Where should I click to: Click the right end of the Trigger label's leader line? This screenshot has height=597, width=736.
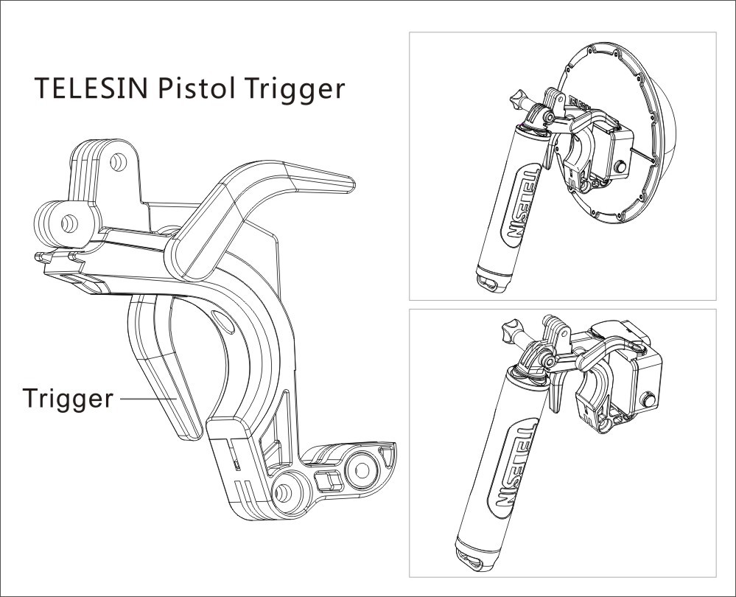click(x=176, y=398)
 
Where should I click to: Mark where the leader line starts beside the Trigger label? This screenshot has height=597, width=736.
click(x=121, y=398)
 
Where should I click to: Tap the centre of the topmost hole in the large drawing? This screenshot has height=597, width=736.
click(x=119, y=163)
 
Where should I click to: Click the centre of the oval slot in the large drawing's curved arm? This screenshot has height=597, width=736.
click(x=222, y=321)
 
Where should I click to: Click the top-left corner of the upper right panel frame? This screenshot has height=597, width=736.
click(x=410, y=32)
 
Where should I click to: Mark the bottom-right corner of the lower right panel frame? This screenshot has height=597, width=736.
click(x=716, y=577)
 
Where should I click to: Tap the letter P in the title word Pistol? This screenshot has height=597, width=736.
click(x=165, y=88)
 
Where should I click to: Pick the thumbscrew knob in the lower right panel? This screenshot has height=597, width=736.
click(x=511, y=330)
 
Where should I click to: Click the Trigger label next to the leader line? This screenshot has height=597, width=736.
click(x=68, y=399)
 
